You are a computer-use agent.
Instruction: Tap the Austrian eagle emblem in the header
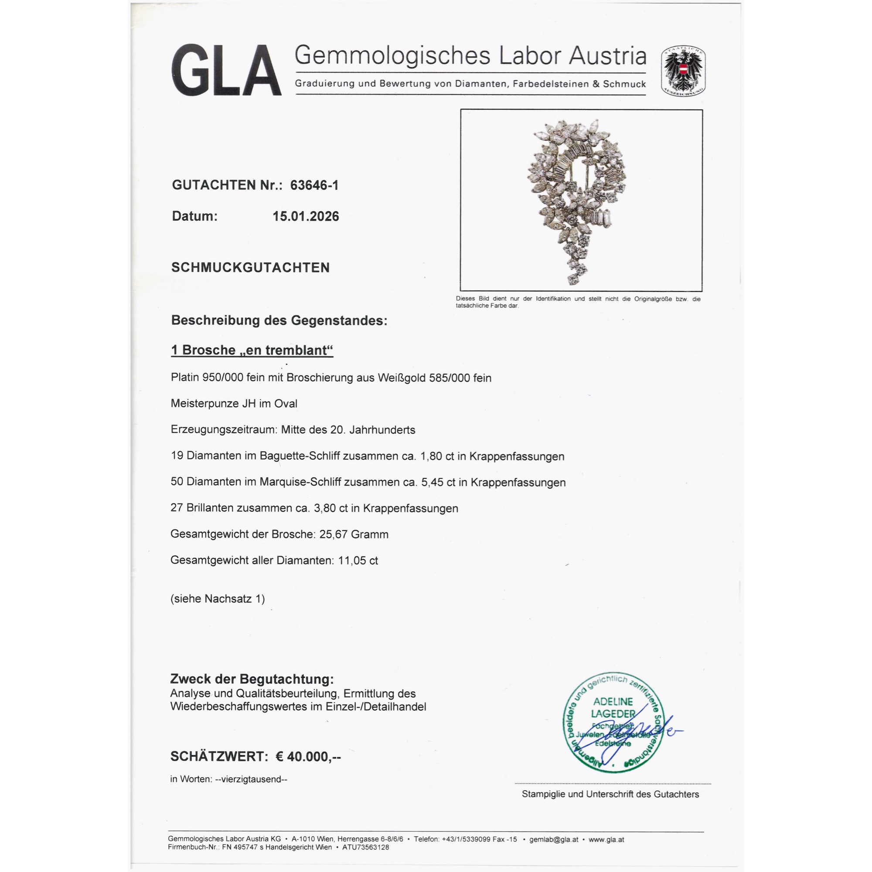tap(683, 72)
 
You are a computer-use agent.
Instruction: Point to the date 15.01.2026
tap(306, 216)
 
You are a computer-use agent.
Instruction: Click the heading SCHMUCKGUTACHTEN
tap(251, 267)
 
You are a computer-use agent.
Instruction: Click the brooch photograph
tap(581, 200)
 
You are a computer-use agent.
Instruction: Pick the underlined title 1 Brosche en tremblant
tap(252, 350)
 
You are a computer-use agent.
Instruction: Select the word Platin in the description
tap(184, 378)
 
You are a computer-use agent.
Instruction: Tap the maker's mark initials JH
tap(249, 403)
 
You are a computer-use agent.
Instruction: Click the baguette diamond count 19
tap(177, 456)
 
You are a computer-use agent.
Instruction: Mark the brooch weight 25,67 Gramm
tap(354, 535)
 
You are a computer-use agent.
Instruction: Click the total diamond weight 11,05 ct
tap(358, 561)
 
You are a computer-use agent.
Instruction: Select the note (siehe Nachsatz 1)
tap(218, 599)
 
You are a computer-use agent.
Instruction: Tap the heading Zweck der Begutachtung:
tap(252, 679)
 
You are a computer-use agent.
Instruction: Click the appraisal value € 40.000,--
tap(308, 756)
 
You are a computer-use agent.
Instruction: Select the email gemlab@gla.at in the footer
tap(553, 839)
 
